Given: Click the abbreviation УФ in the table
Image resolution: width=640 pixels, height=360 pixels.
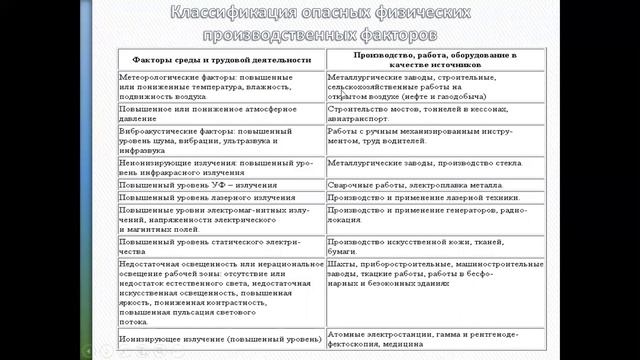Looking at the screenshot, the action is pos(215,185).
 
